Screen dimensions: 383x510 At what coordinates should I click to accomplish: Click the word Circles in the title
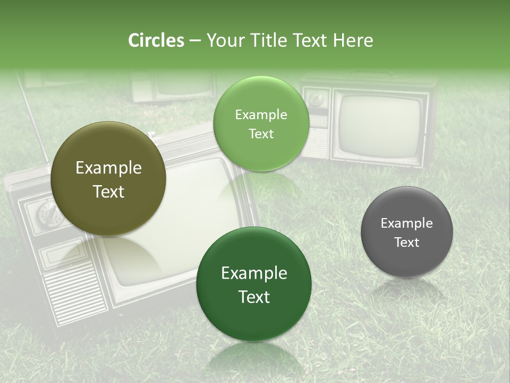tap(156, 40)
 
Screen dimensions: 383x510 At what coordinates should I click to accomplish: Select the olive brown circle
tap(108, 179)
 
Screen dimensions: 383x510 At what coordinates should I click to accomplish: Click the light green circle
tap(261, 124)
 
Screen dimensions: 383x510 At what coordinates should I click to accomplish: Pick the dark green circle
tap(254, 284)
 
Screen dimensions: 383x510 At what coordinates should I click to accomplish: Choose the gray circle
tap(406, 232)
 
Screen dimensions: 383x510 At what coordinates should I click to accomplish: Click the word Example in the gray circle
tap(406, 223)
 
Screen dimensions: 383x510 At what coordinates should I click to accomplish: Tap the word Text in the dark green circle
tap(254, 296)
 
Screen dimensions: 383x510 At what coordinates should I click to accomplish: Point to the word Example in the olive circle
tap(108, 168)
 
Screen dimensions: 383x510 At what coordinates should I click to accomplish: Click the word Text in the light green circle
tap(261, 134)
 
